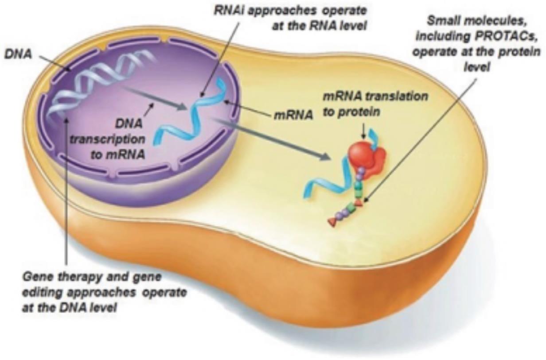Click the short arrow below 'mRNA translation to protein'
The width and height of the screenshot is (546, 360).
(x=364, y=131)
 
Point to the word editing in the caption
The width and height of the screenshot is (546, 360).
(x=39, y=293)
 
